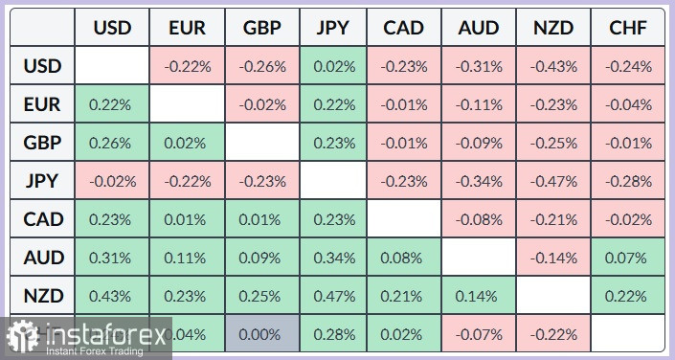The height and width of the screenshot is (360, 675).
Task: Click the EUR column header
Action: click(x=186, y=28)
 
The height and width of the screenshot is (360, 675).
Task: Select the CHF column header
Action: click(x=628, y=28)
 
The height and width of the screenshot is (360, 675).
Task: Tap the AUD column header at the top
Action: click(x=479, y=28)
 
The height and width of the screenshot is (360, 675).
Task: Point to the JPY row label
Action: click(x=42, y=181)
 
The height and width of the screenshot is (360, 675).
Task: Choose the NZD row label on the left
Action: click(x=42, y=296)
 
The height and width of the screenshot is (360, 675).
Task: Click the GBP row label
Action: click(x=42, y=143)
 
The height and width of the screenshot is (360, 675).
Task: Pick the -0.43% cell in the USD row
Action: click(x=553, y=67)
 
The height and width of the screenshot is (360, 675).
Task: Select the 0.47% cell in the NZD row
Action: click(x=333, y=296)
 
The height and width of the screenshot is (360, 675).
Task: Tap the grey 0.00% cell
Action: click(x=259, y=333)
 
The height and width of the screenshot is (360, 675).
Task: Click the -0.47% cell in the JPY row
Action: click(x=553, y=181)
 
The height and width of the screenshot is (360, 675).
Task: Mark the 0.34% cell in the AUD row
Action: click(x=333, y=258)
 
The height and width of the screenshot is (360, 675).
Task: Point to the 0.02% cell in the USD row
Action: click(x=333, y=67)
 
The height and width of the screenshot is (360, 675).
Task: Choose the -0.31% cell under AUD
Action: click(x=479, y=67)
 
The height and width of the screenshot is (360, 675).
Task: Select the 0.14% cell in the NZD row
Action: click(x=479, y=296)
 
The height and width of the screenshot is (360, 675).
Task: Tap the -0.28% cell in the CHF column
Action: click(x=628, y=181)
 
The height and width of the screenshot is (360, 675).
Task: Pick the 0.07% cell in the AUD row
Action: click(x=628, y=258)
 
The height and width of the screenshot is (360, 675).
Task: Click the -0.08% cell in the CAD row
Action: click(x=479, y=219)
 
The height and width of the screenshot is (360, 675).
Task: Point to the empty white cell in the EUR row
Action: click(x=186, y=105)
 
